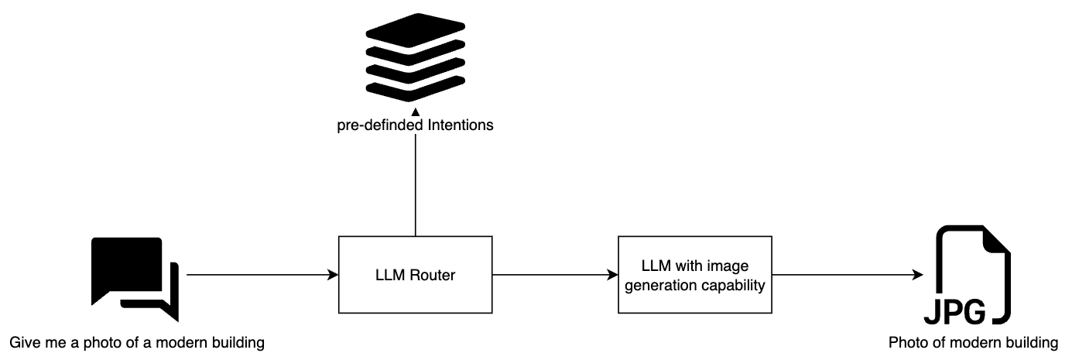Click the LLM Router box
(x=416, y=275)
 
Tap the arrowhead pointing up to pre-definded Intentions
(x=416, y=113)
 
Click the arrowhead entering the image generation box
(x=613, y=275)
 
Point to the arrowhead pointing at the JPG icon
(x=919, y=275)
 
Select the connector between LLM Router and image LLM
(x=553, y=275)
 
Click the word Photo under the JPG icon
(x=906, y=342)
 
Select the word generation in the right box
(x=672, y=284)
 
